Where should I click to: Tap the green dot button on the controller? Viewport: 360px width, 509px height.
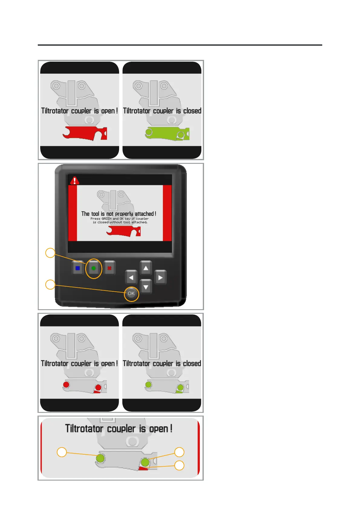tap(93, 268)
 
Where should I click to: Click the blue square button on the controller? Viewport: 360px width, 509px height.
tap(78, 268)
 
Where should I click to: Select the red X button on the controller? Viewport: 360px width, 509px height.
tap(109, 268)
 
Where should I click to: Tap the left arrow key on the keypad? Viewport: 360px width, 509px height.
tap(131, 277)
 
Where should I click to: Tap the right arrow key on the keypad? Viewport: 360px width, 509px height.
tap(160, 277)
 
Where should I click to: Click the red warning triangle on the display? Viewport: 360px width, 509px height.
tap(74, 181)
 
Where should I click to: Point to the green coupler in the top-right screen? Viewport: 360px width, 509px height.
tap(167, 134)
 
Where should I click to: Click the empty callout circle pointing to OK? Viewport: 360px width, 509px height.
tap(50, 284)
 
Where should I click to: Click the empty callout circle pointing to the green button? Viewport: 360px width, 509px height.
tap(50, 253)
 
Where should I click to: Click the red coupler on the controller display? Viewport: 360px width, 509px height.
tap(123, 231)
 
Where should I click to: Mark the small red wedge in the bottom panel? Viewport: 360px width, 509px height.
tap(143, 468)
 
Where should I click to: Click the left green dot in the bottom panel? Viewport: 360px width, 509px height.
tap(100, 459)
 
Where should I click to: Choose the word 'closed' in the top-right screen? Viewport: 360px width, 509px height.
tap(192, 111)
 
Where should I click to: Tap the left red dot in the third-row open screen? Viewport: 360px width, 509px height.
tap(66, 385)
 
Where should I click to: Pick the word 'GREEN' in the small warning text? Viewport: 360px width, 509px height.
tap(106, 219)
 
